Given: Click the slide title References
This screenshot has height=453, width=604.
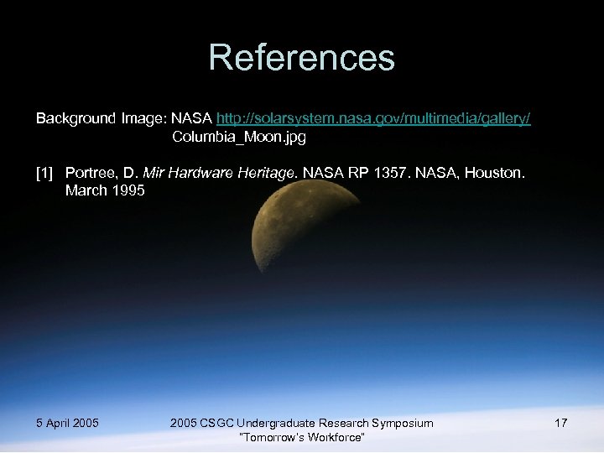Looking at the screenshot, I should (x=301, y=58).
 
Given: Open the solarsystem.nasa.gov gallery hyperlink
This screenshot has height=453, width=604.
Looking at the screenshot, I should (x=373, y=119).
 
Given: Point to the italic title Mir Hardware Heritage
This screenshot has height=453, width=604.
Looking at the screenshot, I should (x=220, y=174).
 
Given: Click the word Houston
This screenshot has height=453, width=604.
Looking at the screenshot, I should (x=499, y=174).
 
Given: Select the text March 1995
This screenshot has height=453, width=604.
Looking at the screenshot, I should (x=105, y=190).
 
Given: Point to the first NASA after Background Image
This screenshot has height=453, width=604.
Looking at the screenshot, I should (x=191, y=119).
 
